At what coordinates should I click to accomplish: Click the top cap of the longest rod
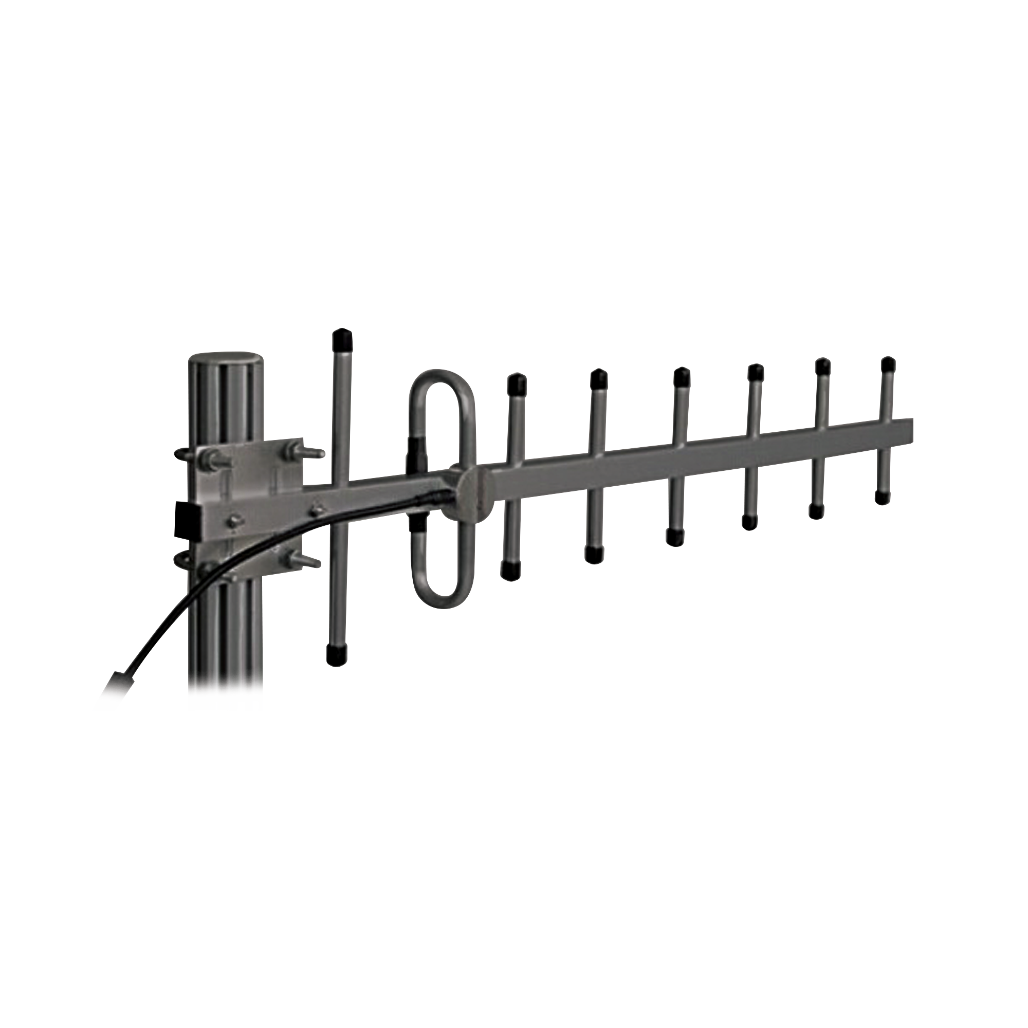coord(342,337)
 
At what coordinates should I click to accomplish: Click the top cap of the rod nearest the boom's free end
coord(887,364)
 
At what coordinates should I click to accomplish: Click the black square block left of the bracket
coord(187,517)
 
